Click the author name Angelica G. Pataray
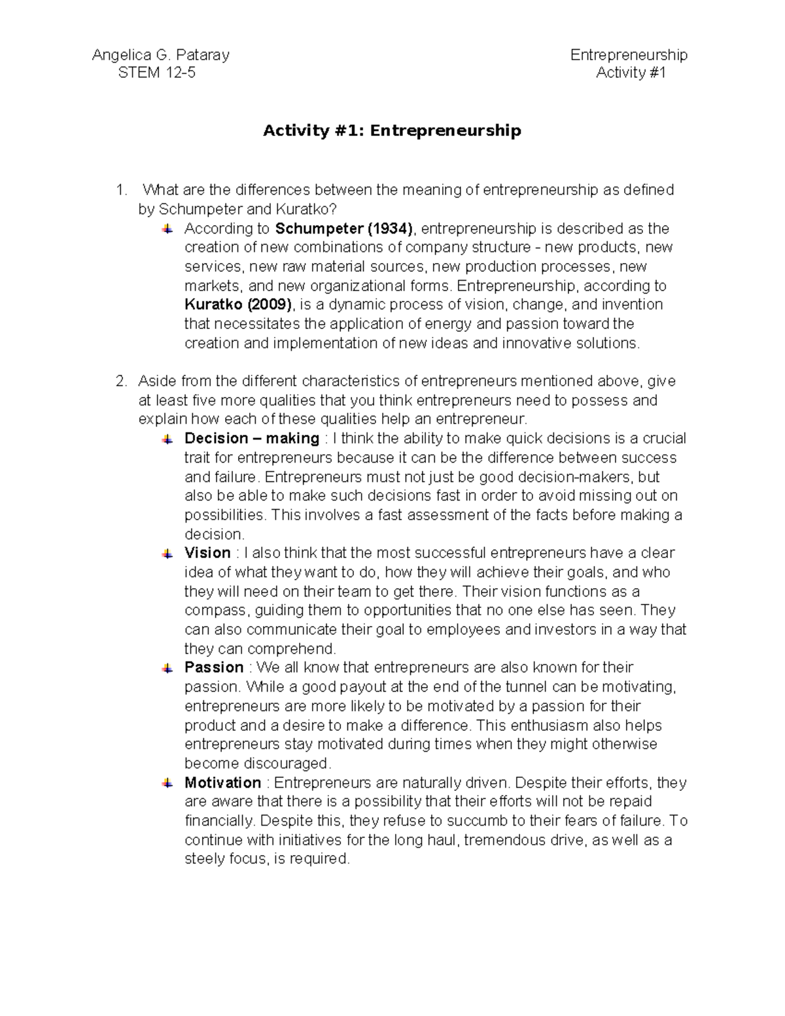(160, 55)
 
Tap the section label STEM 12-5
(156, 73)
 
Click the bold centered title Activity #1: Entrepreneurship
(392, 131)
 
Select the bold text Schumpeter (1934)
(344, 228)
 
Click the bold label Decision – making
(252, 438)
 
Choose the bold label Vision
(207, 553)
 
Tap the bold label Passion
(214, 667)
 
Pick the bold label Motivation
(222, 782)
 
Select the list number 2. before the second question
(120, 381)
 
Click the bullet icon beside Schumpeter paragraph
(167, 229)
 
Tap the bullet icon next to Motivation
(167, 782)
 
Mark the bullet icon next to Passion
(167, 668)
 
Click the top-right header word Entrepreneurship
(629, 55)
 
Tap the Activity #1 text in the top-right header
(631, 73)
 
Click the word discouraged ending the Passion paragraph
(287, 763)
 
